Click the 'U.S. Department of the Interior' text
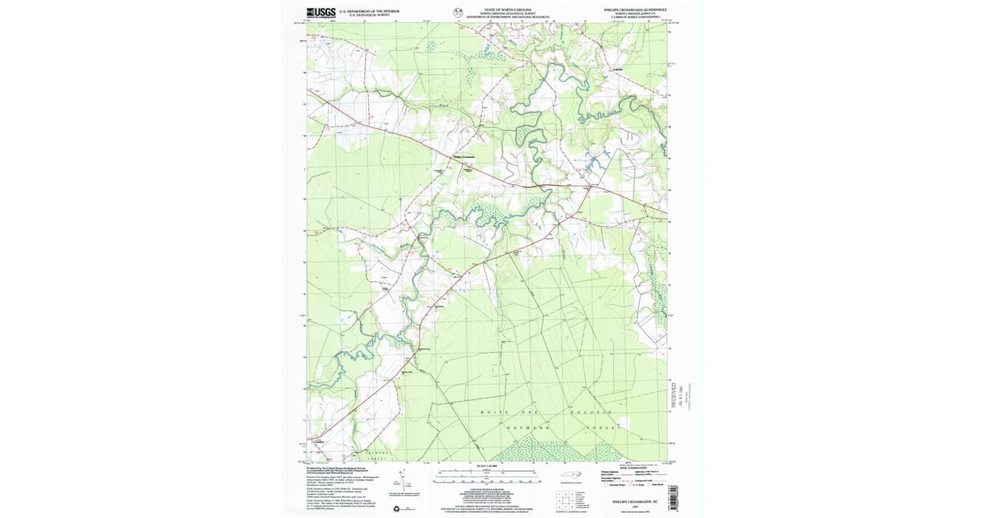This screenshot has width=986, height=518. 369,11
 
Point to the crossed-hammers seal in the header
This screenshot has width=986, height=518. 458,12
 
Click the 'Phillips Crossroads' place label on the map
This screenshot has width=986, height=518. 464,157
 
